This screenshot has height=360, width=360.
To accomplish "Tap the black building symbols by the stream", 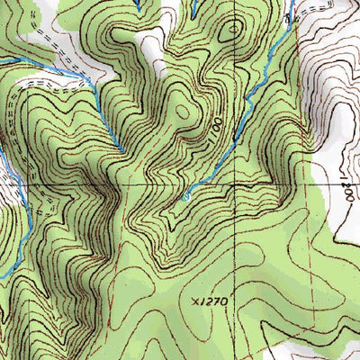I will tap(289, 15).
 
